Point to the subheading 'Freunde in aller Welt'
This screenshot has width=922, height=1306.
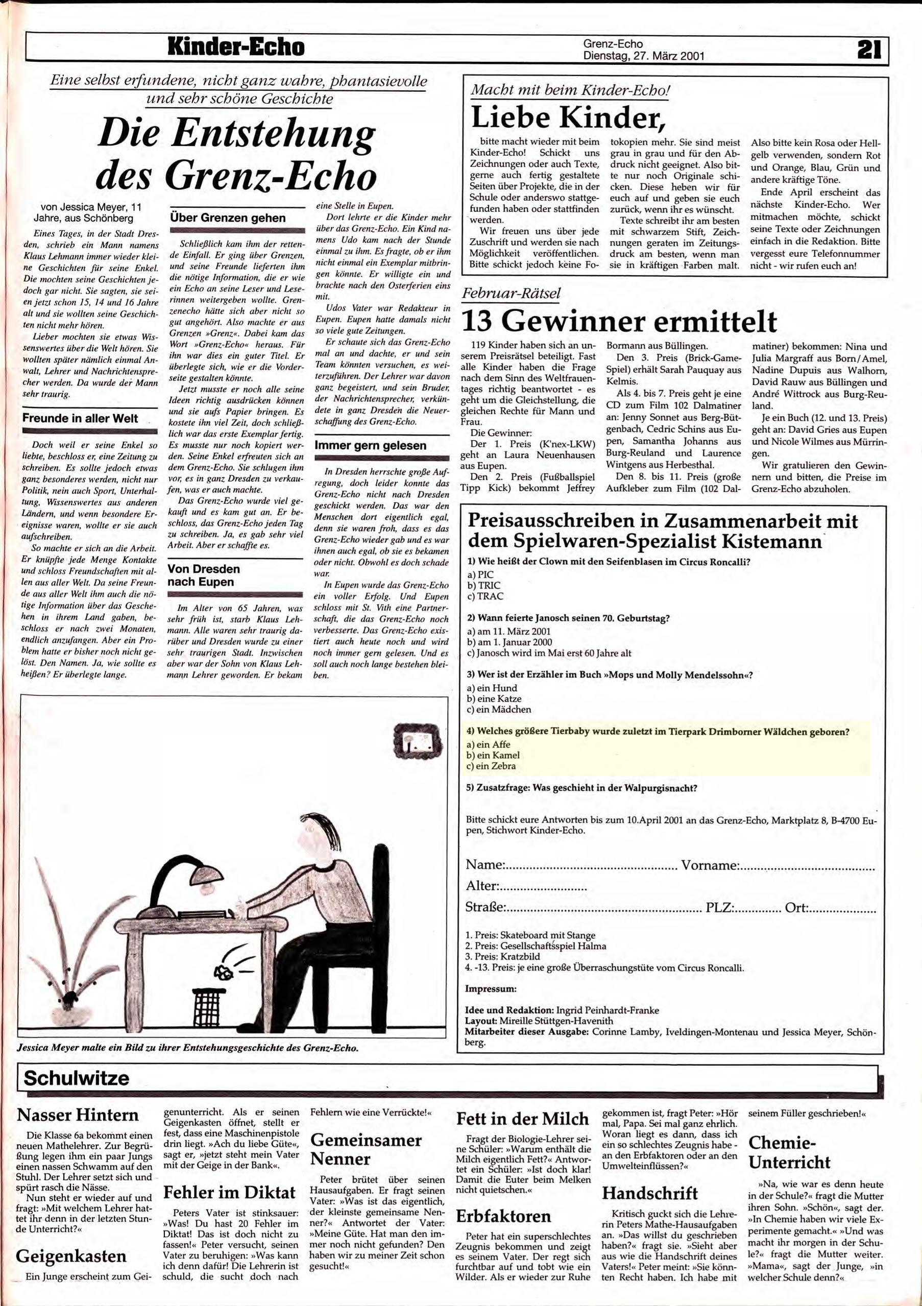80,418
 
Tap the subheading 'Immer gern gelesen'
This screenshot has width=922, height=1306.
370,445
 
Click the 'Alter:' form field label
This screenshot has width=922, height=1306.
482,886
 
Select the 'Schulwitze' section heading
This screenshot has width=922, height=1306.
77,1078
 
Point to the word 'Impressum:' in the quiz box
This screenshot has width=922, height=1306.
490,988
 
